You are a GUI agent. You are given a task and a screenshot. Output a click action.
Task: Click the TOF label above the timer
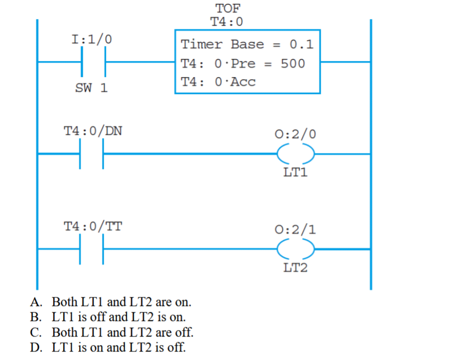[228, 9]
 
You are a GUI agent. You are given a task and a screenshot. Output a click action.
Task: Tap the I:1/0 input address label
[92, 40]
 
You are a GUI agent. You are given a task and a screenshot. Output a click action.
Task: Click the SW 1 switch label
[92, 88]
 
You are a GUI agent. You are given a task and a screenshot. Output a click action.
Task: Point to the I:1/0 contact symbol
[93, 62]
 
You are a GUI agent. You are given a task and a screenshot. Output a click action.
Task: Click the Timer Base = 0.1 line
[247, 44]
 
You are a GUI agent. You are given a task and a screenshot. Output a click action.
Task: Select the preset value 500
[293, 64]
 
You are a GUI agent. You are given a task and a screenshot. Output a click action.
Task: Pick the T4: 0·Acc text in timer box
[218, 82]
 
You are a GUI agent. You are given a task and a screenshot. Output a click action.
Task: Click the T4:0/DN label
[93, 131]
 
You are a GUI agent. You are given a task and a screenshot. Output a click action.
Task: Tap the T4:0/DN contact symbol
[92, 154]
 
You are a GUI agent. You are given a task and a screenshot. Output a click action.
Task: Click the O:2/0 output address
[295, 134]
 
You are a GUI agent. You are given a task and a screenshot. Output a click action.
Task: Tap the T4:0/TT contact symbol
[92, 249]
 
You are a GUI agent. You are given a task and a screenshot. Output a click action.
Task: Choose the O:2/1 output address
[295, 229]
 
